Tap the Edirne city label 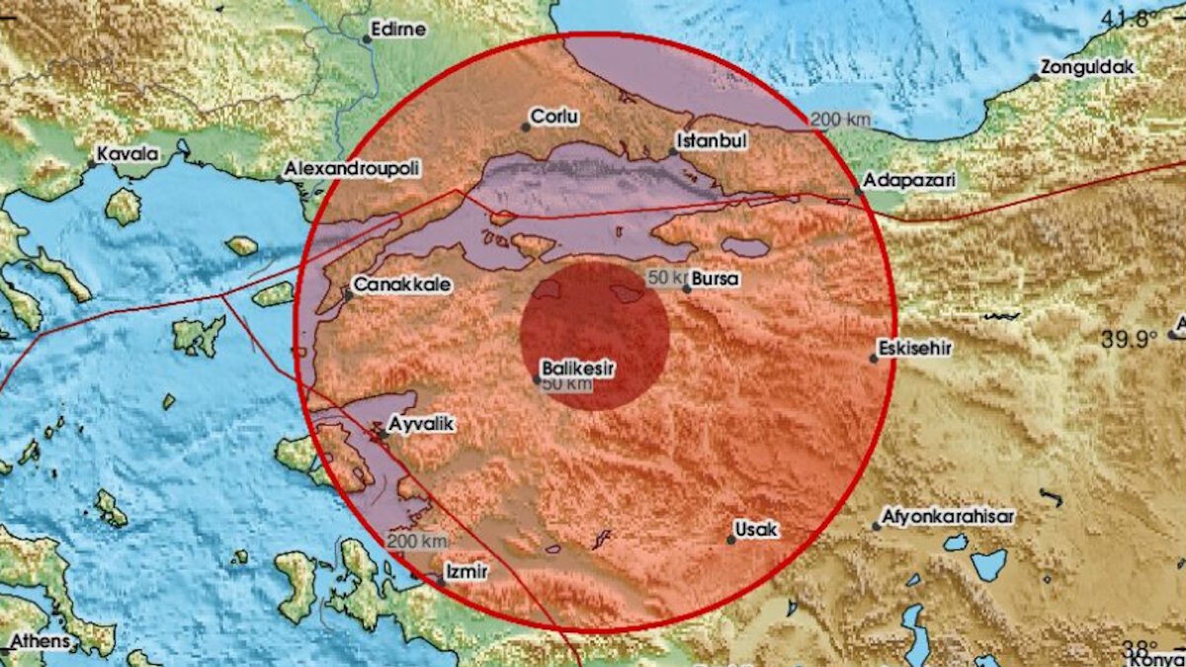pyautogui.click(x=400, y=29)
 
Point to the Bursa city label pyautogui.click(x=717, y=280)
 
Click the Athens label pyautogui.click(x=40, y=641)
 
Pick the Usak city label pyautogui.click(x=760, y=530)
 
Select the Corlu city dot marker pyautogui.click(x=526, y=126)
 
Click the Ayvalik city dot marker pyautogui.click(x=382, y=434)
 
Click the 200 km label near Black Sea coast pyautogui.click(x=840, y=120)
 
